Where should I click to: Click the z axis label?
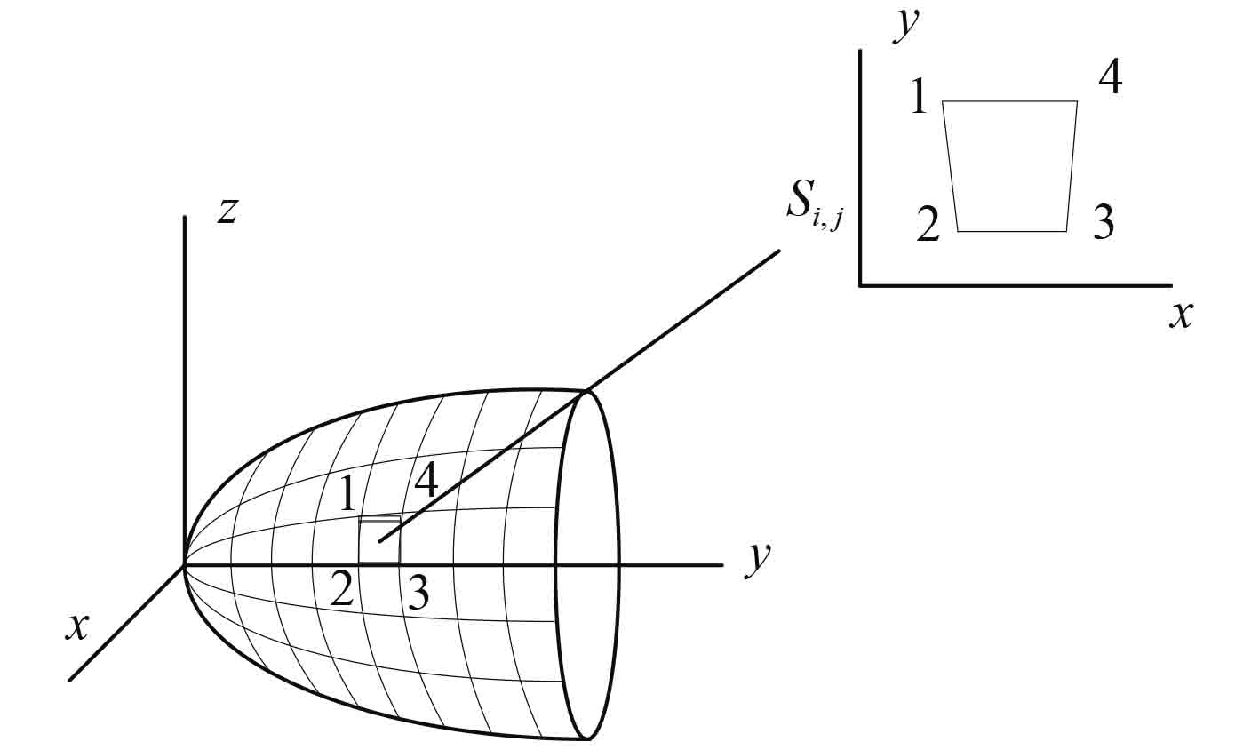(x=227, y=211)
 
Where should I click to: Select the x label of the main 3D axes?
(x=78, y=627)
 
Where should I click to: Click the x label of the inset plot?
(x=1180, y=315)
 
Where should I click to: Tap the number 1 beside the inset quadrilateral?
(x=920, y=96)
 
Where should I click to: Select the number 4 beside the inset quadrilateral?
(x=1110, y=79)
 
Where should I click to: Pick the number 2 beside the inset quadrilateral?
(x=928, y=225)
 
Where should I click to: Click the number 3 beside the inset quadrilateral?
(x=1103, y=222)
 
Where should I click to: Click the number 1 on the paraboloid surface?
(x=348, y=493)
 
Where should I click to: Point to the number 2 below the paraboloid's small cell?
(x=342, y=589)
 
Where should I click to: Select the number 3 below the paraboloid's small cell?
(x=418, y=593)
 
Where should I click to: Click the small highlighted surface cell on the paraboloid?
(x=379, y=540)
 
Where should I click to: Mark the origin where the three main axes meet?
(x=185, y=564)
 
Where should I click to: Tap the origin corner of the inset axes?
(x=861, y=285)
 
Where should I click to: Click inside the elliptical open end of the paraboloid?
(x=587, y=564)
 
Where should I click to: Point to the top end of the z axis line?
(x=184, y=217)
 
